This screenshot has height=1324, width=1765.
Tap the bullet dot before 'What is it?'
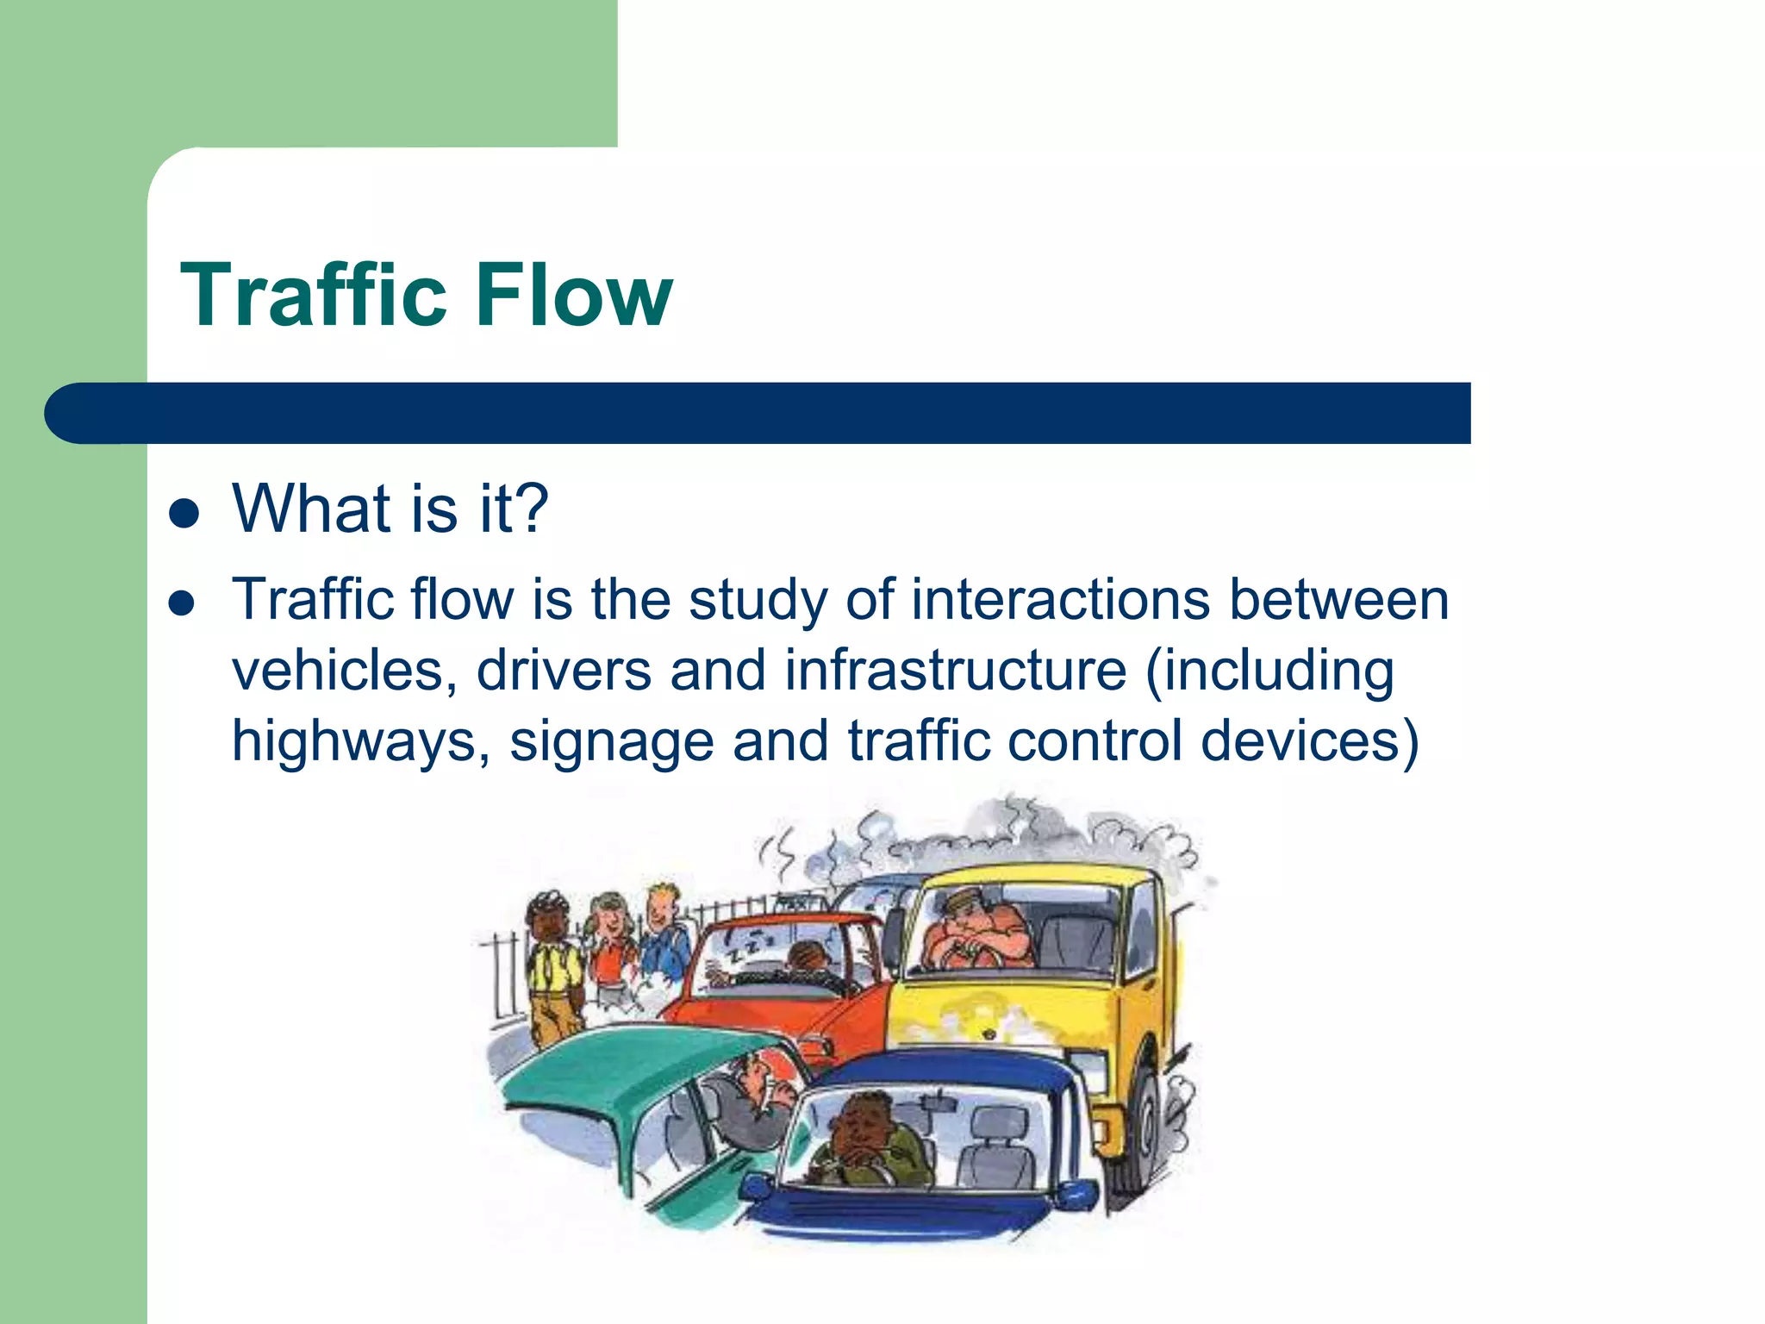point(184,515)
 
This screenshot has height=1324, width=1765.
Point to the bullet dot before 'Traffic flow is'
point(182,603)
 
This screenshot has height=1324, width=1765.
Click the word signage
point(611,742)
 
